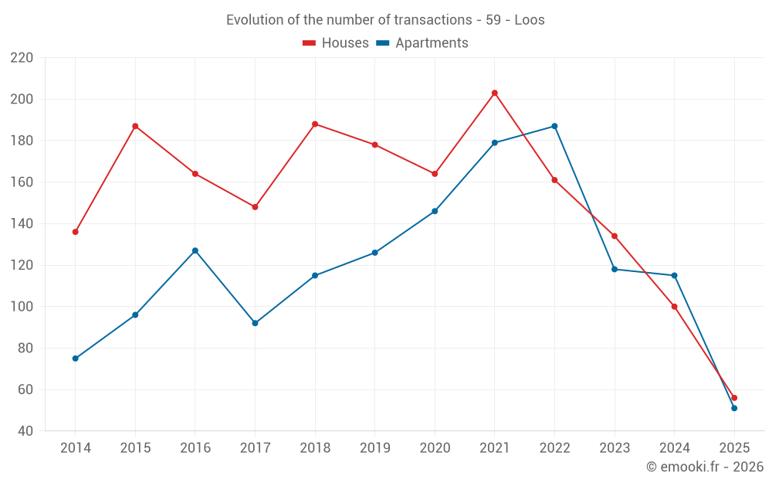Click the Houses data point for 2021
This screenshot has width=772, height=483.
pyautogui.click(x=495, y=93)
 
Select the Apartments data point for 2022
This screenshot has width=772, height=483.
pyautogui.click(x=554, y=126)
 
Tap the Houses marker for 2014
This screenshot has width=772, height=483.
pyautogui.click(x=75, y=232)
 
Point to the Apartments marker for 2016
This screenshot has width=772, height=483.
pyautogui.click(x=195, y=250)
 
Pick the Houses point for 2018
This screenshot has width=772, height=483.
pyautogui.click(x=315, y=124)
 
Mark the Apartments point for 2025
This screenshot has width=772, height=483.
pyautogui.click(x=734, y=408)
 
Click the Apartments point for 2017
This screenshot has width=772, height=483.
pyautogui.click(x=255, y=323)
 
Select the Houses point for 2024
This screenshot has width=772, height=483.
pyautogui.click(x=674, y=307)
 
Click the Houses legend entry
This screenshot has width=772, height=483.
pyautogui.click(x=336, y=43)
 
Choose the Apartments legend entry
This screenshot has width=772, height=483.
pyautogui.click(x=422, y=43)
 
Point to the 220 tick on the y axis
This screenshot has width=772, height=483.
pyautogui.click(x=22, y=58)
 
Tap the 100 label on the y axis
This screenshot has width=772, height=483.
pyautogui.click(x=22, y=307)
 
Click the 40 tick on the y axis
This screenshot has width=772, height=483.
pyautogui.click(x=25, y=431)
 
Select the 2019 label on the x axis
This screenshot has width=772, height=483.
pyautogui.click(x=374, y=448)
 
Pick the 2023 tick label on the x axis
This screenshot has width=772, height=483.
pyautogui.click(x=615, y=448)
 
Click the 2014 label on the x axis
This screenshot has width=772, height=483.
pyautogui.click(x=75, y=448)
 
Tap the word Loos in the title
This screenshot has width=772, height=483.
pyautogui.click(x=530, y=20)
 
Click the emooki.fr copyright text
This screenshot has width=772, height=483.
pyautogui.click(x=705, y=467)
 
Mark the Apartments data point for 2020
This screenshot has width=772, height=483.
pyautogui.click(x=435, y=211)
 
